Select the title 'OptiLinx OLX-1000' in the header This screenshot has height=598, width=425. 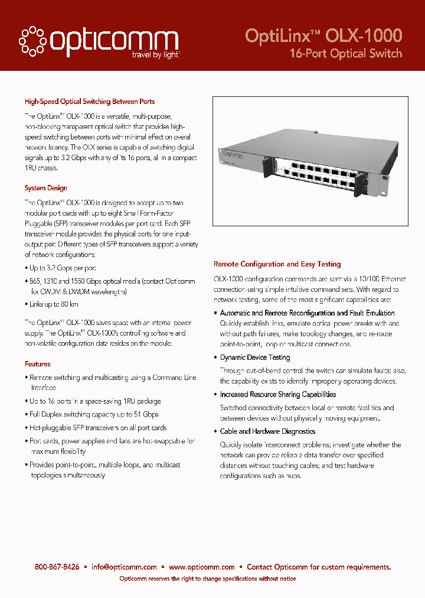[323, 35]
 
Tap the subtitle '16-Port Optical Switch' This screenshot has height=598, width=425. [345, 53]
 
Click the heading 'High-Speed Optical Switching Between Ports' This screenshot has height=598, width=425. [90, 102]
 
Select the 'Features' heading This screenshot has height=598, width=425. [38, 364]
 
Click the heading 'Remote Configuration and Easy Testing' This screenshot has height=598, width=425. [277, 264]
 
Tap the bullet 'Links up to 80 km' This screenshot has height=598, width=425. [54, 304]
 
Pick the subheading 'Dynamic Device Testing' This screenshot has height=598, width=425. [255, 357]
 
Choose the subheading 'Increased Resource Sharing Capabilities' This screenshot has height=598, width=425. [278, 394]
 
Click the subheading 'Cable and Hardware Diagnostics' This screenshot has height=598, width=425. [267, 431]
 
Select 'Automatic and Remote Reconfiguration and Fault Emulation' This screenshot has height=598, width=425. [307, 313]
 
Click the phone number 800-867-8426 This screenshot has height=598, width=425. [57, 567]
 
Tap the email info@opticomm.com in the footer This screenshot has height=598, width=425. [124, 567]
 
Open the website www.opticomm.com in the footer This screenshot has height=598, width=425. [202, 567]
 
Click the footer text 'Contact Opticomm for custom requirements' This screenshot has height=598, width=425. [319, 567]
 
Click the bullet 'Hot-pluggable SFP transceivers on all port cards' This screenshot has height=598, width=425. [98, 427]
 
